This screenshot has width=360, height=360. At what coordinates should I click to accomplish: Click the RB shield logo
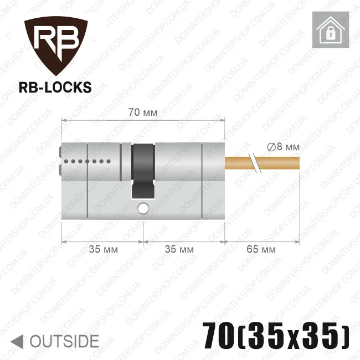pyautogui.click(x=56, y=45)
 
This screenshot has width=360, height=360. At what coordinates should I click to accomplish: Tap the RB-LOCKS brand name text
pyautogui.click(x=55, y=88)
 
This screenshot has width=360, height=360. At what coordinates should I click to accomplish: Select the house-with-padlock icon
pyautogui.click(x=331, y=30)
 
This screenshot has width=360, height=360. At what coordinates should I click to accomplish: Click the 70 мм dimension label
pyautogui.click(x=143, y=112)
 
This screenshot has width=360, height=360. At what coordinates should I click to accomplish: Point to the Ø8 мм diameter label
pyautogui.click(x=284, y=147)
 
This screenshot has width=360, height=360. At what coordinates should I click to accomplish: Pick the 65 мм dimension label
pyautogui.click(x=261, y=249)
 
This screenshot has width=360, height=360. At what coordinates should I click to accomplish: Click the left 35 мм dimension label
pyautogui.click(x=104, y=249)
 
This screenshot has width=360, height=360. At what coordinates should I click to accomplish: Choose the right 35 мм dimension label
pyautogui.click(x=179, y=249)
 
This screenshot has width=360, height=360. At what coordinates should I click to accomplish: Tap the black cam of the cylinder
pyautogui.click(x=143, y=171)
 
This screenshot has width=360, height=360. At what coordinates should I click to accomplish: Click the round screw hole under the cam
pyautogui.click(x=143, y=208)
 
